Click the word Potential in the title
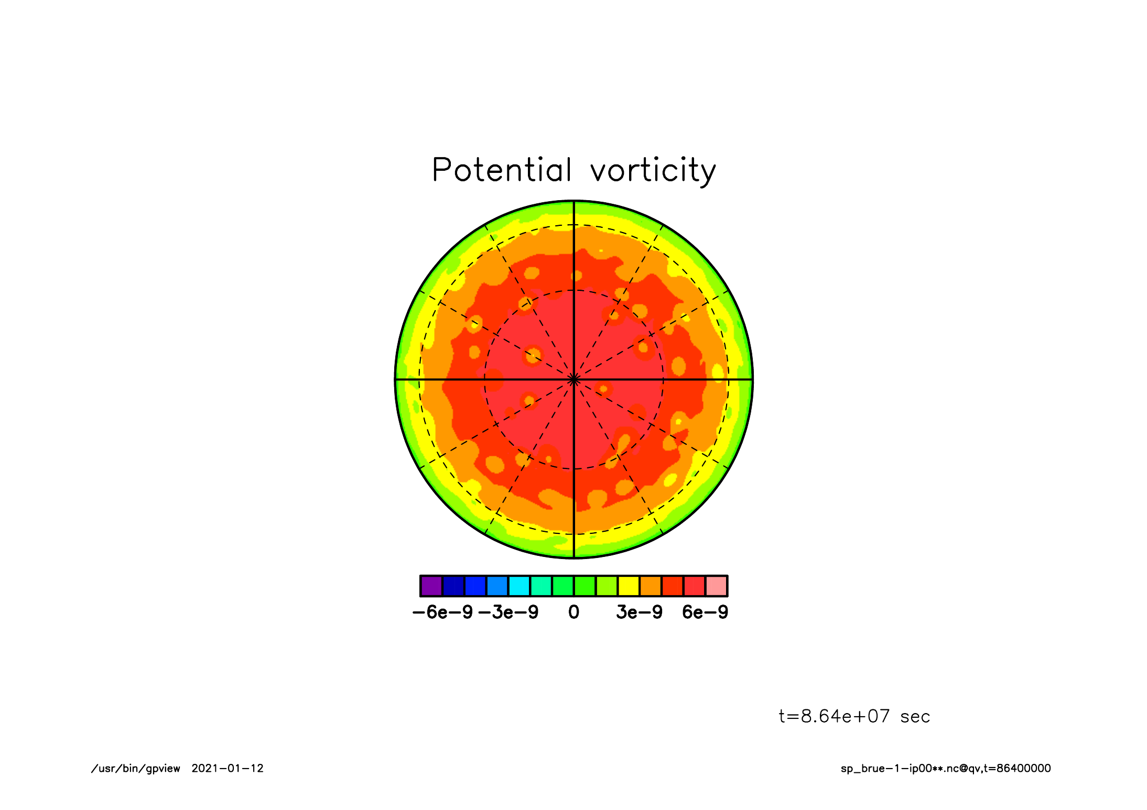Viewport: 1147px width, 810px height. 502,170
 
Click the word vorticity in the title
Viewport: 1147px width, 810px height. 653,171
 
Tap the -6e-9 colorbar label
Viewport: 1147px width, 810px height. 443,612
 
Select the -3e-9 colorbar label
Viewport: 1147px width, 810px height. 508,612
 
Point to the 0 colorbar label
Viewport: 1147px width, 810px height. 574,612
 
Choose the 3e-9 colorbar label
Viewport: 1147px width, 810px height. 639,612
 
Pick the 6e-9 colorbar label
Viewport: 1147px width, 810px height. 705,612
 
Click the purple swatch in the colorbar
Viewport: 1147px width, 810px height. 431,586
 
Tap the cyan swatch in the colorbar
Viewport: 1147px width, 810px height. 519,586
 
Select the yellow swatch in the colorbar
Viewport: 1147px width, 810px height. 629,586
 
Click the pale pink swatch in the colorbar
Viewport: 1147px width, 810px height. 716,586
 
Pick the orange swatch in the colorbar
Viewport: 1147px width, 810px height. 651,586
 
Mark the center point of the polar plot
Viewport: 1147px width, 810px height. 574,379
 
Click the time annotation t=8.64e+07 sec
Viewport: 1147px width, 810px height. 854,716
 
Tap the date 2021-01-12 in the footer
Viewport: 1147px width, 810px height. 228,769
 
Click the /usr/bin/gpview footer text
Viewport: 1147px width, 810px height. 135,769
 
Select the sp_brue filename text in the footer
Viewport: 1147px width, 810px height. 946,769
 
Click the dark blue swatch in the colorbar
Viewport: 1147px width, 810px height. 453,586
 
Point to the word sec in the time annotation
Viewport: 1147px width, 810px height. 915,717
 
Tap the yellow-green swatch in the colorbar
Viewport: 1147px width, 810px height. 607,586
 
